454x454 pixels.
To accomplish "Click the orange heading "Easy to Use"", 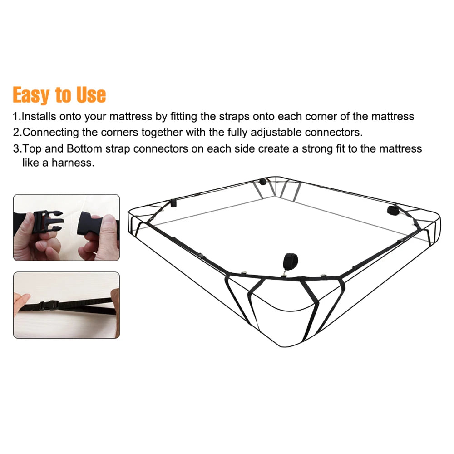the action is (x=59, y=95).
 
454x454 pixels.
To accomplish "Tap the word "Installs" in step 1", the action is (x=39, y=116).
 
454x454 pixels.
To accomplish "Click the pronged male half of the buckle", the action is (x=48, y=221).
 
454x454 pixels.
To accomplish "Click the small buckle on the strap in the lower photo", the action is (x=48, y=305).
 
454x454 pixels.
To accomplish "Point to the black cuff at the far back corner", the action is (x=262, y=182).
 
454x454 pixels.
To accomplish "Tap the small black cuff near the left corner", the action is (x=173, y=203).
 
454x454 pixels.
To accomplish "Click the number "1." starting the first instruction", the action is (x=17, y=116).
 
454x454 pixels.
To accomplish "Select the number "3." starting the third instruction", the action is (x=17, y=149).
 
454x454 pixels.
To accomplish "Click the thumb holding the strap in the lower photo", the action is (x=21, y=301).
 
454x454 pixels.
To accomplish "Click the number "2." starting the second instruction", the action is (x=17, y=133).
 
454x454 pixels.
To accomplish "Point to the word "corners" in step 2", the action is (x=119, y=133).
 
